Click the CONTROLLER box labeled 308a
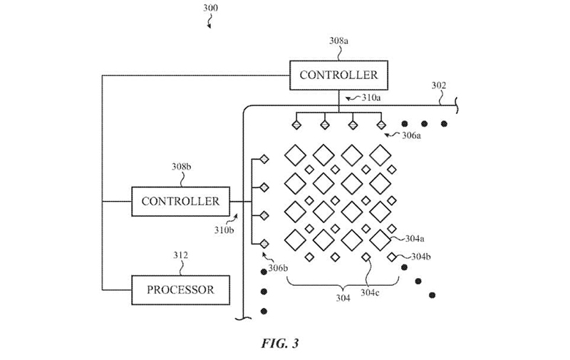click(338, 75)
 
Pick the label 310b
click(224, 230)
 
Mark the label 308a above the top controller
click(338, 41)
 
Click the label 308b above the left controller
click(180, 167)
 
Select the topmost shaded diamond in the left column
click(263, 159)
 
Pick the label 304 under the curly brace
click(343, 298)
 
